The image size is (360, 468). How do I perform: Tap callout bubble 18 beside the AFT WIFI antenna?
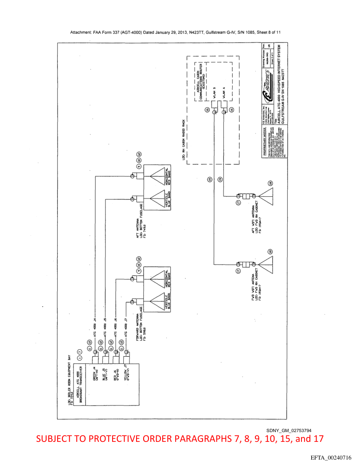(x=270, y=183)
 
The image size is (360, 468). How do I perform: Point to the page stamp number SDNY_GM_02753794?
(x=289, y=430)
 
